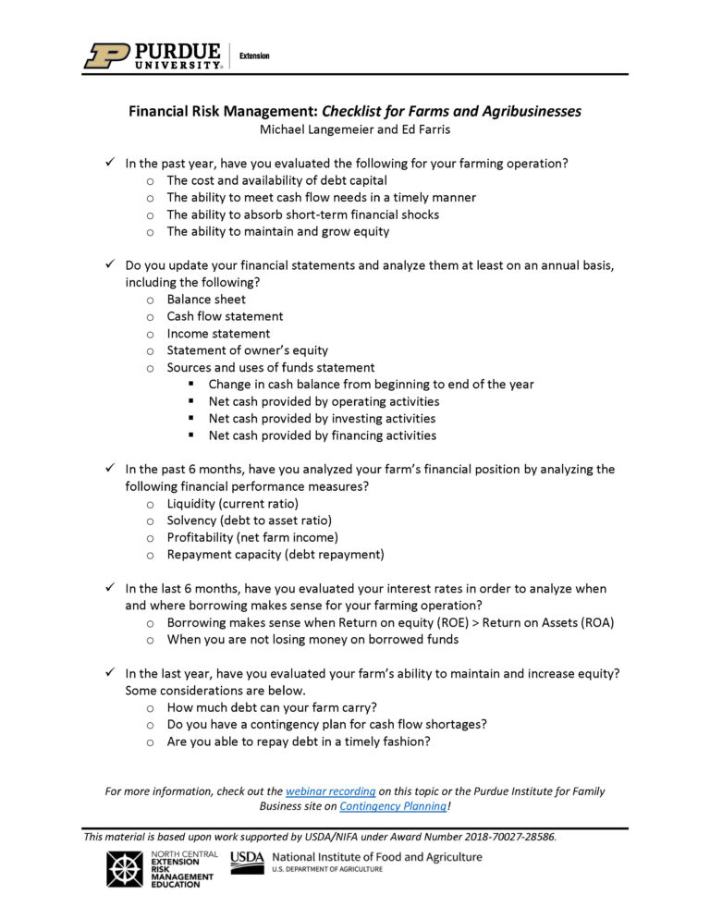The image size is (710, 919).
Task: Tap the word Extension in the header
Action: tap(254, 56)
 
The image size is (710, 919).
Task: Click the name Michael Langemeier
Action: tap(316, 129)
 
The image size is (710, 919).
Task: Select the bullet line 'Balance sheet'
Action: tap(206, 300)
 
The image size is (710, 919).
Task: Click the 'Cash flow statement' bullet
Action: tap(225, 316)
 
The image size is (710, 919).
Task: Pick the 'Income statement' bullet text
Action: tap(218, 334)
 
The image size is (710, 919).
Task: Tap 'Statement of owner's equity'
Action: tap(247, 350)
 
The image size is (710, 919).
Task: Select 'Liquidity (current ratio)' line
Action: tap(232, 504)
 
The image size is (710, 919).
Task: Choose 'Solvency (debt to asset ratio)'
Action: tap(249, 521)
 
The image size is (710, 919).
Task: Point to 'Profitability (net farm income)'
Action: tap(252, 538)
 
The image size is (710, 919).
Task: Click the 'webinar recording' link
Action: tap(330, 791)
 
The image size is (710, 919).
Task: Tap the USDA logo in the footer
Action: tap(247, 863)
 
